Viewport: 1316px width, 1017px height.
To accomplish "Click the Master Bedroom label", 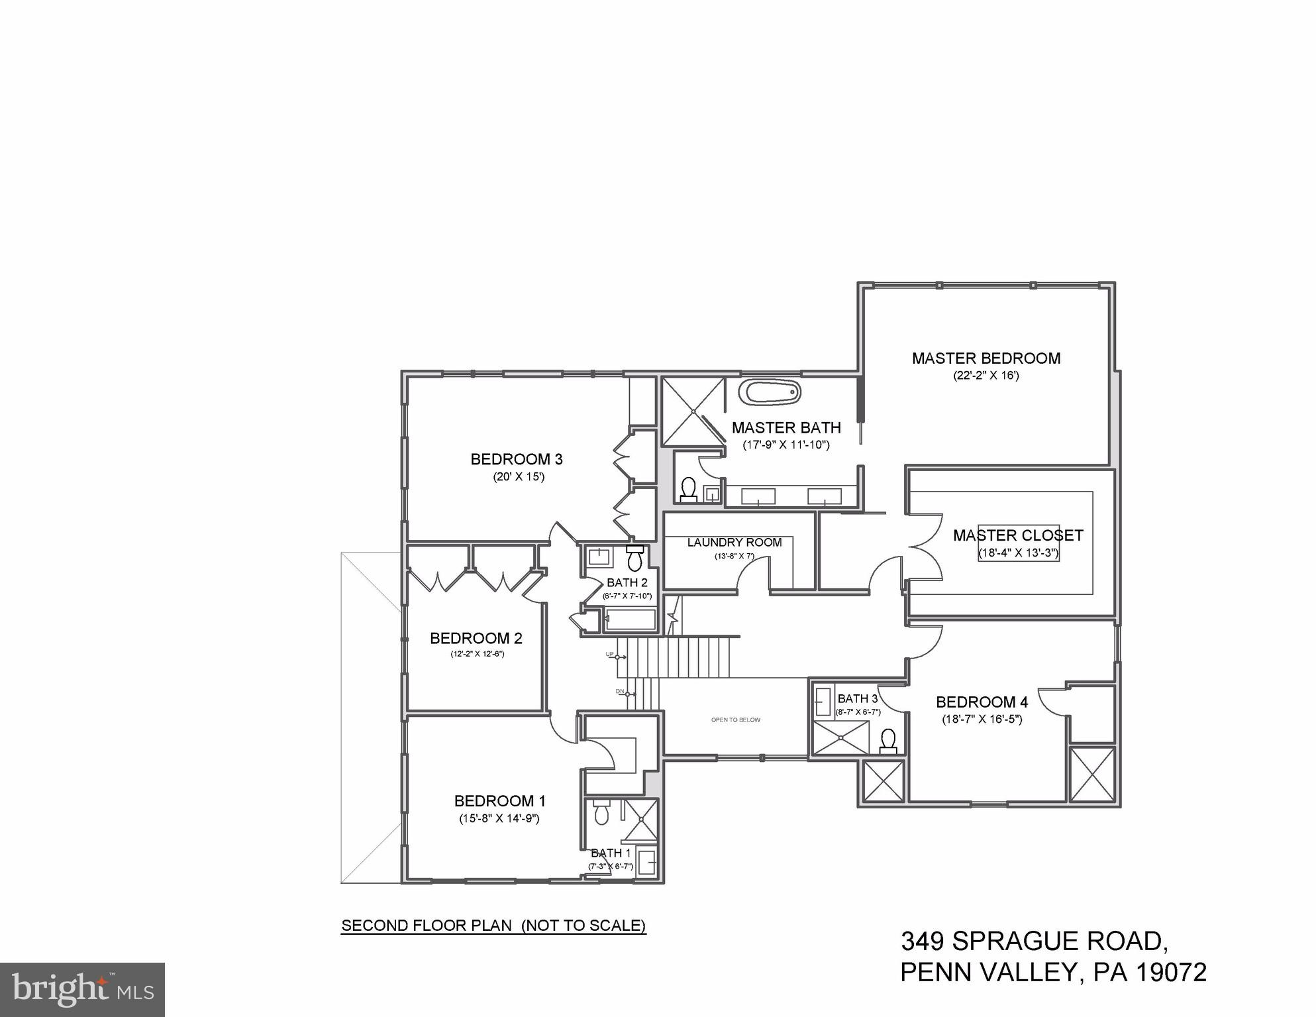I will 986,358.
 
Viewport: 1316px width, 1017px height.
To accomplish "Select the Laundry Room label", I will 734,543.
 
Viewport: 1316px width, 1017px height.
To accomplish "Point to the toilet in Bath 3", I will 888,741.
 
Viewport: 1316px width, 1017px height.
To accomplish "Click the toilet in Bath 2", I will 635,559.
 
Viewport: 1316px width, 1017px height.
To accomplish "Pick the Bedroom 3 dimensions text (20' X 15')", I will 518,476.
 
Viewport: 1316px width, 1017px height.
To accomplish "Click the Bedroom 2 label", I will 476,639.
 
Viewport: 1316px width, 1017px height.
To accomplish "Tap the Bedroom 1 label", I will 499,801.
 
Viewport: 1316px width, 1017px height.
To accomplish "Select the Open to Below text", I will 735,720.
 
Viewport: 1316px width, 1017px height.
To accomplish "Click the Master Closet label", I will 1017,535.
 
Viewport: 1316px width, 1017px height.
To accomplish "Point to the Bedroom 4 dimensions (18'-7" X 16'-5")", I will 982,719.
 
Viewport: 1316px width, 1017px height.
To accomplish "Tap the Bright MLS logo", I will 82,989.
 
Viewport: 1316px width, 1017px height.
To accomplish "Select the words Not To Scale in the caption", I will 583,926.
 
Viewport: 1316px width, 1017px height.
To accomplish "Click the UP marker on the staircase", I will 609,655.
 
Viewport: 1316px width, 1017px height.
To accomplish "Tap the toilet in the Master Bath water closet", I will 688,489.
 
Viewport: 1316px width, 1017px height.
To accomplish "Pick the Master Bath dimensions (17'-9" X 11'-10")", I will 785,445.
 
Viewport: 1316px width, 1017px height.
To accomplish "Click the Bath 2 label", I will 627,583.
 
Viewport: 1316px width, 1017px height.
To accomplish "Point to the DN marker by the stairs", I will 620,692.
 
